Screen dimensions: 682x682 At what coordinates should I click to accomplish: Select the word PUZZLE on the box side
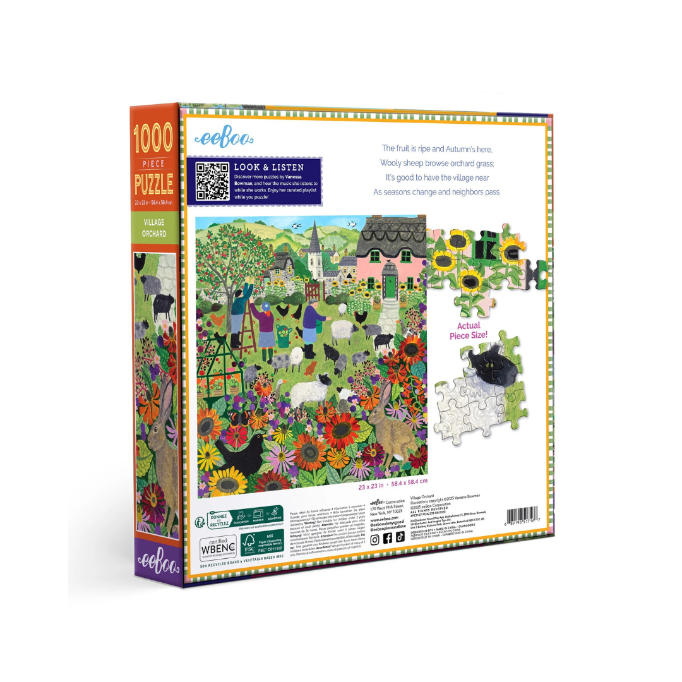pos(154,183)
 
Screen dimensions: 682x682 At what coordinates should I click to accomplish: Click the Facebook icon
pos(388,538)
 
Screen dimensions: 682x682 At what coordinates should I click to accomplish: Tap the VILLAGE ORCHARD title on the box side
pos(154,228)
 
